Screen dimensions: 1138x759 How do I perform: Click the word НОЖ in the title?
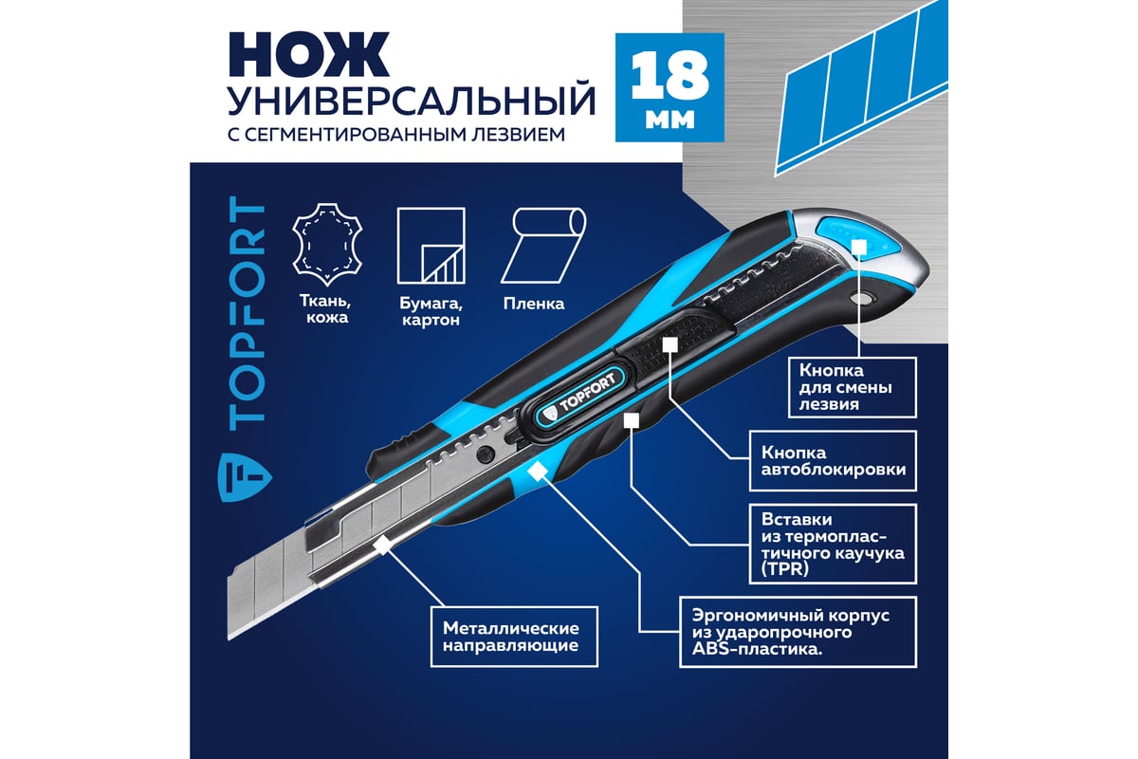pos(309,54)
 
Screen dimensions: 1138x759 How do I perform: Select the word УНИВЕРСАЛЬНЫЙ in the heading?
pos(412,102)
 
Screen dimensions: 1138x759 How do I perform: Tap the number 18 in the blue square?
pos(670,76)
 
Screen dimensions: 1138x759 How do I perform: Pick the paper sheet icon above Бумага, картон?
pos(431,246)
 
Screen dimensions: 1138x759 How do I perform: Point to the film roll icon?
pos(543,245)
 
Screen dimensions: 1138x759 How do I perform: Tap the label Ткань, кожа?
pos(325,309)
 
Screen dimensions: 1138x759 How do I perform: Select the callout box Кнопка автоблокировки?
pos(834,461)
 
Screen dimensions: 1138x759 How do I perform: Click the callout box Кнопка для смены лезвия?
pos(852,387)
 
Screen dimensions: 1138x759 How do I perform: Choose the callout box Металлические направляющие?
pos(514,637)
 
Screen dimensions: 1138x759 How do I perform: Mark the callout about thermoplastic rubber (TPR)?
pos(834,544)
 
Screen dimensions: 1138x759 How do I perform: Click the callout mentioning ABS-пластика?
pos(798,633)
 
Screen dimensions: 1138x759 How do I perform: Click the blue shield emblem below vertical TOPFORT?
pos(245,476)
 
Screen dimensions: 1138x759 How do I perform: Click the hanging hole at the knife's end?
pos(864,297)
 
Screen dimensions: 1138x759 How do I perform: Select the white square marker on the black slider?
pos(670,343)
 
